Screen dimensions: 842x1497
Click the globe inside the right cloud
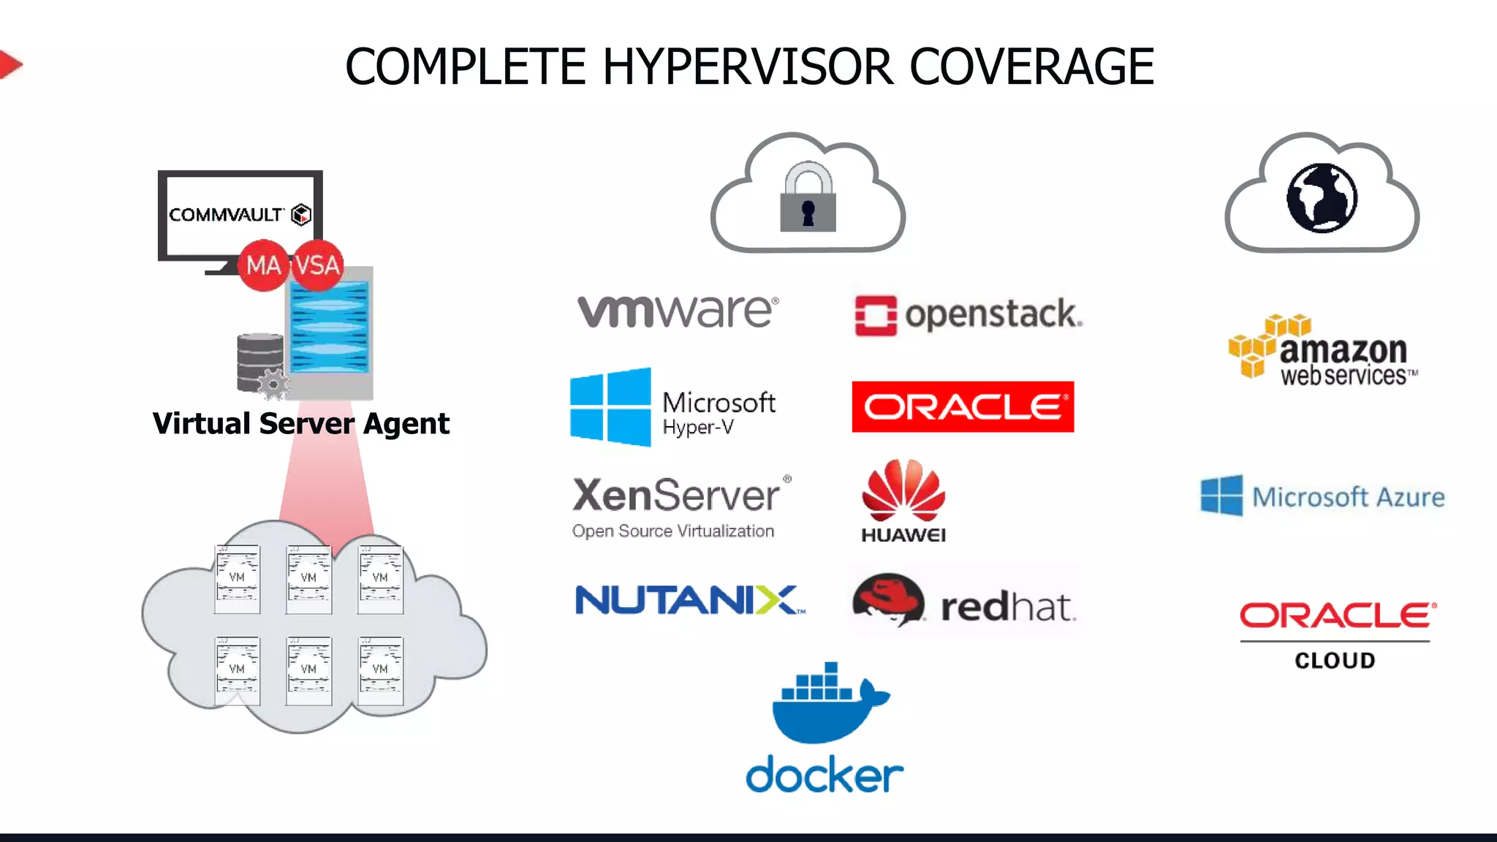coord(1322,198)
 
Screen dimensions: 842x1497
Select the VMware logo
coord(678,311)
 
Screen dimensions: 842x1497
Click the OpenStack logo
coord(968,315)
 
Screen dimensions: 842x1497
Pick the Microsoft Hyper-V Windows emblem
coord(610,407)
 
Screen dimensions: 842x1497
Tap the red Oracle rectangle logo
coord(963,407)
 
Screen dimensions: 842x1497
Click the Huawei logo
coord(903,501)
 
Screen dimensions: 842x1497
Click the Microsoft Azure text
coord(1348,498)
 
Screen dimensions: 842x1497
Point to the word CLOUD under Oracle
coord(1335,661)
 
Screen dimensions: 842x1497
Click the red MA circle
coord(263,265)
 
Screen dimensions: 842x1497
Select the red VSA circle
coord(317,265)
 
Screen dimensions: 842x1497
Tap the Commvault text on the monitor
coord(226,215)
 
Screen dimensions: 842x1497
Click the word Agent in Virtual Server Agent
coord(406,424)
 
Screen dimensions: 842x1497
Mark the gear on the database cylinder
coord(274,384)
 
